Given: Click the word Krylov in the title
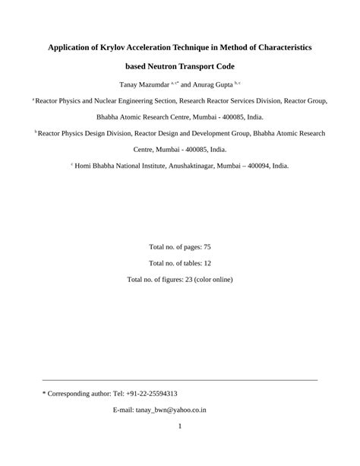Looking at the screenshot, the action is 115,47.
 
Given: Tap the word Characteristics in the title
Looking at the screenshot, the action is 277,47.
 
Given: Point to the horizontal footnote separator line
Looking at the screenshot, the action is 180,380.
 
